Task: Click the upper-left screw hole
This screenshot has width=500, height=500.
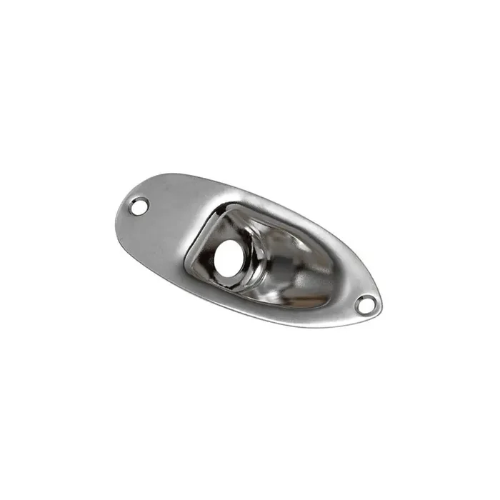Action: (139, 206)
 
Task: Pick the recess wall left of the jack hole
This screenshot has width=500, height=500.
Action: (201, 243)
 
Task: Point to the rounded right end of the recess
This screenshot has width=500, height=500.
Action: (330, 268)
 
